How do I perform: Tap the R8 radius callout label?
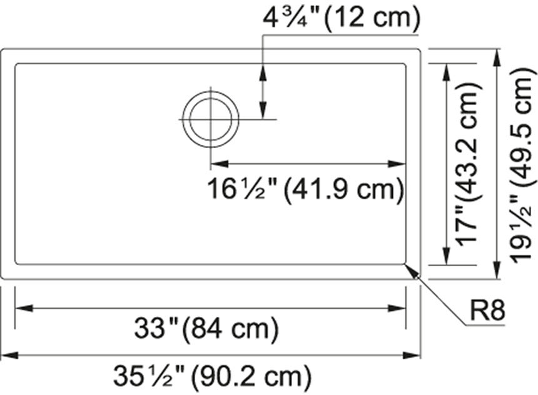click(x=487, y=311)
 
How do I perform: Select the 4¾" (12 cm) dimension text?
click(x=341, y=18)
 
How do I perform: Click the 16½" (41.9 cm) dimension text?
click(x=305, y=189)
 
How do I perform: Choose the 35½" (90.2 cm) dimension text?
click(x=211, y=376)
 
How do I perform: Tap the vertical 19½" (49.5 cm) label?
click(x=522, y=166)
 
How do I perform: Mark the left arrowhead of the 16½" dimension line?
click(x=220, y=164)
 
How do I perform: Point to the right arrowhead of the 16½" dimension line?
click(x=397, y=164)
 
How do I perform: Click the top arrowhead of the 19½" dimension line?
click(x=498, y=57)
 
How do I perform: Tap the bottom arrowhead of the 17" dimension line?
click(x=446, y=256)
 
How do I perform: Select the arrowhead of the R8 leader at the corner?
click(x=411, y=269)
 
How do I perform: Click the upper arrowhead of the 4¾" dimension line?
click(x=263, y=71)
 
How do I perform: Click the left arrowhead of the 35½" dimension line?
click(x=9, y=355)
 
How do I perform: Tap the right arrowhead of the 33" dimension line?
click(x=397, y=307)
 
